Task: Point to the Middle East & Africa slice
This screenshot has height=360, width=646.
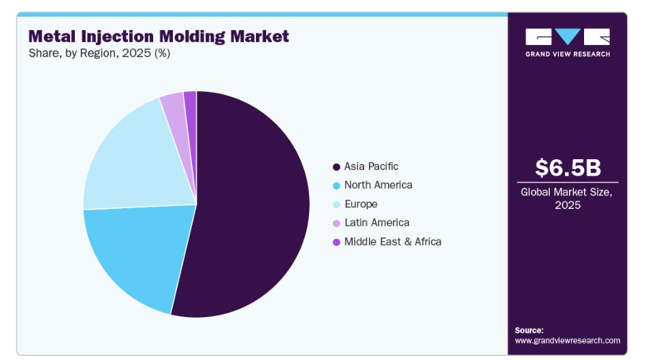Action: click(191, 124)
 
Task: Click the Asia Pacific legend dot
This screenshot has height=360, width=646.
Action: click(336, 167)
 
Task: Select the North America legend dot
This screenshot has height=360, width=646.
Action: click(336, 186)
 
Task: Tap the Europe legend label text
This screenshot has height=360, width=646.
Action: click(361, 204)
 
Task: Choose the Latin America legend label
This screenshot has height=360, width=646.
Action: click(377, 223)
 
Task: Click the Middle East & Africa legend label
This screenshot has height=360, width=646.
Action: click(393, 242)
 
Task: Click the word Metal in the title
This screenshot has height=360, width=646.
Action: click(52, 36)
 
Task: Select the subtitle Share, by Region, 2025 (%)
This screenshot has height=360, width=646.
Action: click(99, 53)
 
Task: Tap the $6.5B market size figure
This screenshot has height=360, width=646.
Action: click(568, 167)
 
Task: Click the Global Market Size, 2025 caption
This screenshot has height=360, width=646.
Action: click(567, 199)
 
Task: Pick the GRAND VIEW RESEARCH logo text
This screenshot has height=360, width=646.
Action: click(568, 54)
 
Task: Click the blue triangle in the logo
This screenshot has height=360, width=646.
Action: click(568, 36)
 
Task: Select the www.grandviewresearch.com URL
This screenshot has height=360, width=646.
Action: click(567, 341)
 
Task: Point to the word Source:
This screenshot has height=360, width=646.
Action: click(529, 330)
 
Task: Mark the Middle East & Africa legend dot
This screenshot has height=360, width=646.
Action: click(336, 242)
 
